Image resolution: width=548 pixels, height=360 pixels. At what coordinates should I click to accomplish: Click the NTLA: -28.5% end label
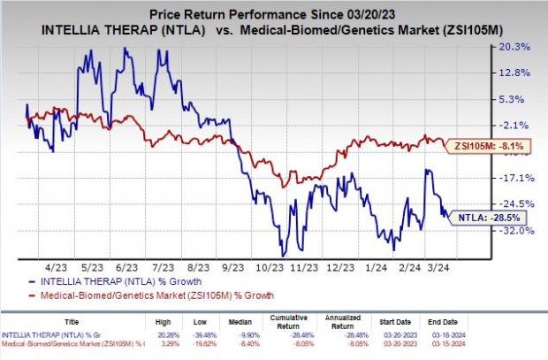click(482, 216)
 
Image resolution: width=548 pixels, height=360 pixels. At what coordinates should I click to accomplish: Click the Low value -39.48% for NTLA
click(207, 335)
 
